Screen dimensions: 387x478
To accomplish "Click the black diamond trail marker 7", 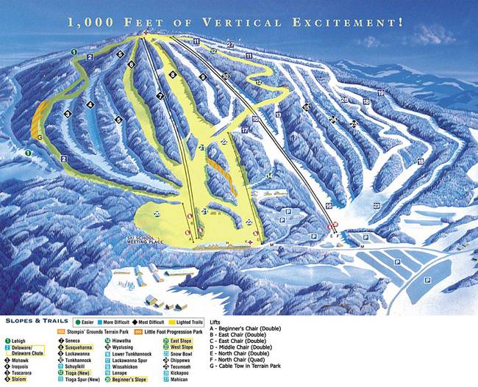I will pos(160,96).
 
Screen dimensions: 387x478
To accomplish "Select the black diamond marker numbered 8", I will pos(173,75).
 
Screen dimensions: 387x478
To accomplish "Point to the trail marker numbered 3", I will pos(67,114).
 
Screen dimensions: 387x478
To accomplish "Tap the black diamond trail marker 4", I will pos(90,104).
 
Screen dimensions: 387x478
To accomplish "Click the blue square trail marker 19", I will pos(380,93).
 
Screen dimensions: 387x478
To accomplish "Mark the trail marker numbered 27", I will pos(230,46).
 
